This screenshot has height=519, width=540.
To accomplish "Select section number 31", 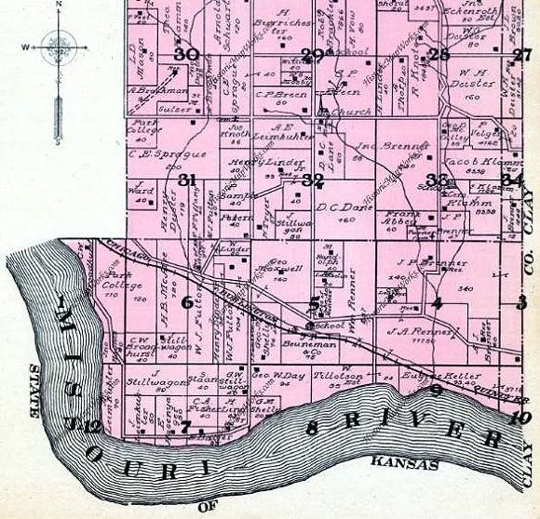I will (x=188, y=179).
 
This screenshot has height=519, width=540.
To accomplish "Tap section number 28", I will (x=439, y=55).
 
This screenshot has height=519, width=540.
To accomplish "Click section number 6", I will (x=187, y=301).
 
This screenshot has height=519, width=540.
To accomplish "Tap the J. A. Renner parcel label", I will (x=425, y=330).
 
